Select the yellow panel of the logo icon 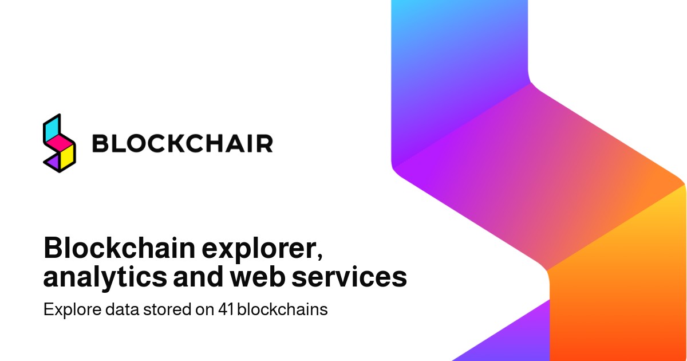point(67,158)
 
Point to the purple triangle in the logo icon point(53,162)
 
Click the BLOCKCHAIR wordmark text point(183,143)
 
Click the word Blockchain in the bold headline point(120,248)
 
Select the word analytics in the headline point(105,277)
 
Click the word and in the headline point(198,276)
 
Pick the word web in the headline point(256,276)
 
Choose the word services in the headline point(349,277)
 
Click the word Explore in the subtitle point(72,310)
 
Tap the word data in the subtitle point(123,309)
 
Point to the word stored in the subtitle point(167,309)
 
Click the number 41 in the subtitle point(226,309)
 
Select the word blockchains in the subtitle point(282,309)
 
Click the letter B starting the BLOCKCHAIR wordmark point(100,143)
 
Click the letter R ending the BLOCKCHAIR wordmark point(265,143)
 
